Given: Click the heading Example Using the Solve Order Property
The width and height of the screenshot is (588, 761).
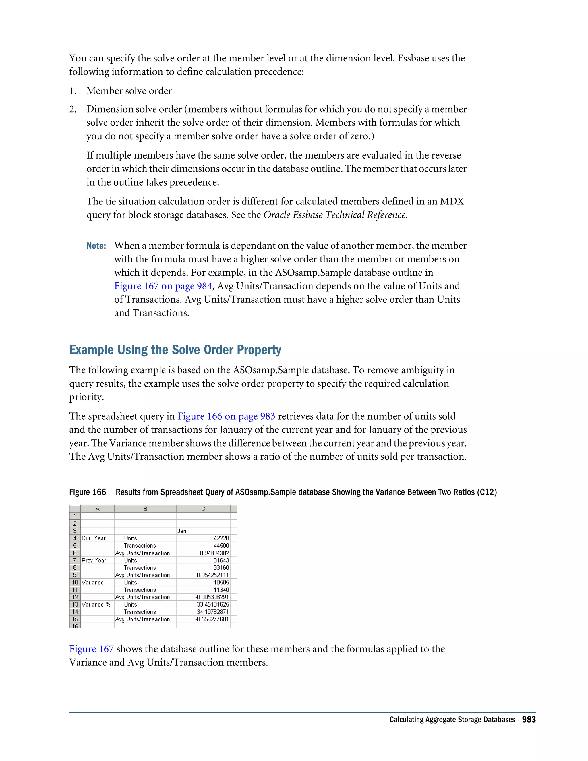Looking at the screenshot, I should click(x=175, y=350).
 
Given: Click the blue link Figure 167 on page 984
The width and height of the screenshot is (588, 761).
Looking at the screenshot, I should click(x=163, y=286).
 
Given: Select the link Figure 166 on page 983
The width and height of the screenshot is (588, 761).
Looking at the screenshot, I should click(x=226, y=416).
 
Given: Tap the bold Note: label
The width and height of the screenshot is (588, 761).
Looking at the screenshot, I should click(x=96, y=246).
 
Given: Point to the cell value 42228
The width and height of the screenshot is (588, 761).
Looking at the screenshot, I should click(x=221, y=538).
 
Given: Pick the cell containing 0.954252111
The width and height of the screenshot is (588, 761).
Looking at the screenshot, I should click(x=212, y=575).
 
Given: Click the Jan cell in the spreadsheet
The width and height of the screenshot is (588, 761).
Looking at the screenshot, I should click(x=182, y=531).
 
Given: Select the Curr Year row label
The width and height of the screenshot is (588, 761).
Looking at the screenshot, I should click(x=93, y=538).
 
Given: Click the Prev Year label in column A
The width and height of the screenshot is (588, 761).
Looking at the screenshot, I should click(x=94, y=560).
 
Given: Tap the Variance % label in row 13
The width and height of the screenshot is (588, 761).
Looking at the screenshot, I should click(x=96, y=604).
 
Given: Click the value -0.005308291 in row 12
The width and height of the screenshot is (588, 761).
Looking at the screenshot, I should click(x=212, y=597).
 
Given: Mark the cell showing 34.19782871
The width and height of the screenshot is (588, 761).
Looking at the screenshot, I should click(x=212, y=612).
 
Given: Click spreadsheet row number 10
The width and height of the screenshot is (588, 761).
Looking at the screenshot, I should click(x=75, y=582).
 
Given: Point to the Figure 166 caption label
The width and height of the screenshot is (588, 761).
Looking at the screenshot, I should click(x=88, y=492).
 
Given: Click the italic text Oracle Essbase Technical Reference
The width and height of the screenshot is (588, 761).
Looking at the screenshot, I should click(x=334, y=215).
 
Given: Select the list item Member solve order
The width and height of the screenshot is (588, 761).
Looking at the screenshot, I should click(x=129, y=91).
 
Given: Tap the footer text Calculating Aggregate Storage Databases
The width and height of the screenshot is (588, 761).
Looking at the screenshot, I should click(x=452, y=720).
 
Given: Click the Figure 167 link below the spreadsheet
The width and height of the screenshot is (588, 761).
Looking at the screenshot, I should click(x=91, y=649).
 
